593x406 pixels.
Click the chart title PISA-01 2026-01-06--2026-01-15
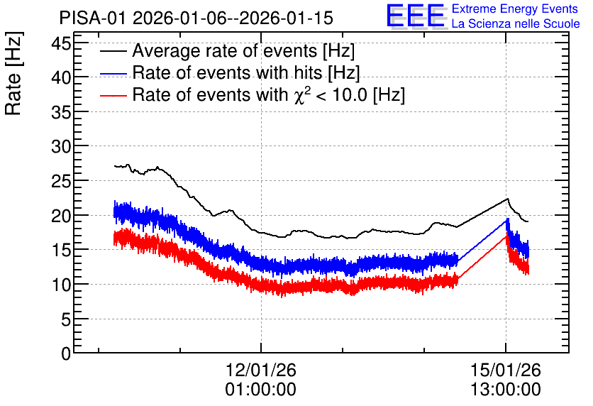[196, 18]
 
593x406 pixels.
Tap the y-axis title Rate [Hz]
[13, 73]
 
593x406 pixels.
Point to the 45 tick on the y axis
[61, 44]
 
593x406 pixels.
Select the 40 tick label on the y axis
[61, 78]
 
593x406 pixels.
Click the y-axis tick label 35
[61, 112]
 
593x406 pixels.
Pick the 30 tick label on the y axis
[61, 146]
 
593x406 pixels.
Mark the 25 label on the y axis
[61, 182]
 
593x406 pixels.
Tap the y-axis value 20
[61, 216]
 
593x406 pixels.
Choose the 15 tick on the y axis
[61, 250]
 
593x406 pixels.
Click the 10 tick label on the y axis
[61, 285]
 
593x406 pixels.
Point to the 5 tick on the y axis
[66, 319]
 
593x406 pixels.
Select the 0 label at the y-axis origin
[66, 353]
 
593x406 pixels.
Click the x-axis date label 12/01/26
[261, 370]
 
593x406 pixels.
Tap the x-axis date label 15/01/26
[506, 370]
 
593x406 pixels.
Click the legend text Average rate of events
[225, 50]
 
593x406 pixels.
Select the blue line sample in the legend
[113, 74]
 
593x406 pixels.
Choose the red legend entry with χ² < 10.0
[253, 94]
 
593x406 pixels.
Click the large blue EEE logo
[416, 16]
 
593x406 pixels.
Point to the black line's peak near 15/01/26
[508, 199]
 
